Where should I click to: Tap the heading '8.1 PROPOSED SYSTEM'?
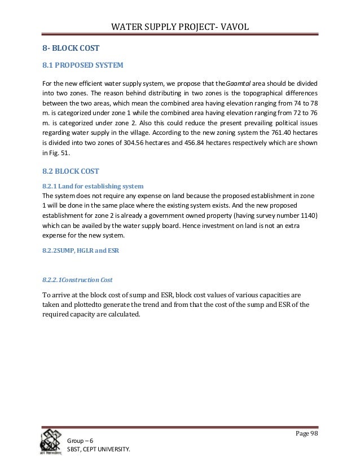pos(78,65)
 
